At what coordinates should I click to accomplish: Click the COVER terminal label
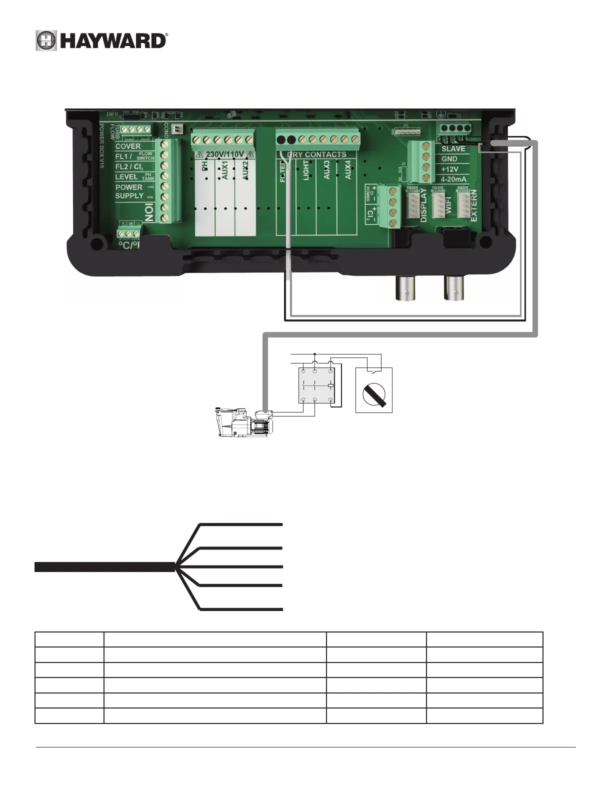128,146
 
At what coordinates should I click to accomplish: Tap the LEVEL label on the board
126,177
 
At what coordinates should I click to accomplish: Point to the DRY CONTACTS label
318,154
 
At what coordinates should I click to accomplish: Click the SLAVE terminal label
453,149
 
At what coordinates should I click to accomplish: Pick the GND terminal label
449,159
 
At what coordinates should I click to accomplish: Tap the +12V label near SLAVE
449,169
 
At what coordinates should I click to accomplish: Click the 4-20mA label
453,179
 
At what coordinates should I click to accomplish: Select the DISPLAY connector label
423,205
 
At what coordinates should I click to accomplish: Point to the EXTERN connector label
473,205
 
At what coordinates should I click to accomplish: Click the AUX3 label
326,170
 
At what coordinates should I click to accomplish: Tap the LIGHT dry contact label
306,170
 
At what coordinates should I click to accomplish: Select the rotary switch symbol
374,390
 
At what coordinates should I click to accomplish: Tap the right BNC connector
454,287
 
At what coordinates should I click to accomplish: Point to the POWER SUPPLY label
129,191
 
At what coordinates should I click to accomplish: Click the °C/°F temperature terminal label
128,245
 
